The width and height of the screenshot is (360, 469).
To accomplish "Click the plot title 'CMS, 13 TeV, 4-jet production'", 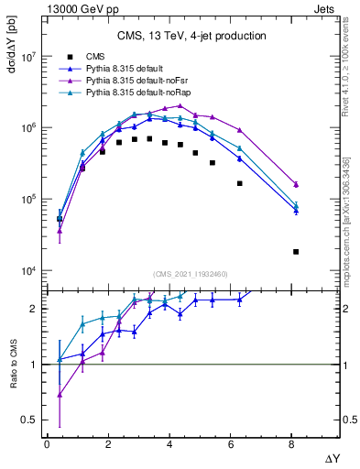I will tap(191, 37).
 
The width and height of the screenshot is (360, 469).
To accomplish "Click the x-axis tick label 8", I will tap(292, 443).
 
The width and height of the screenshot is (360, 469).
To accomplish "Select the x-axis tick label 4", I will tap(169, 443).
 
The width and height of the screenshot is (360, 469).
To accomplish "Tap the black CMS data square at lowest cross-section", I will tap(296, 251).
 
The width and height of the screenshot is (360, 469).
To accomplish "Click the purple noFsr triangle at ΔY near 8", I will tap(296, 184).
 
